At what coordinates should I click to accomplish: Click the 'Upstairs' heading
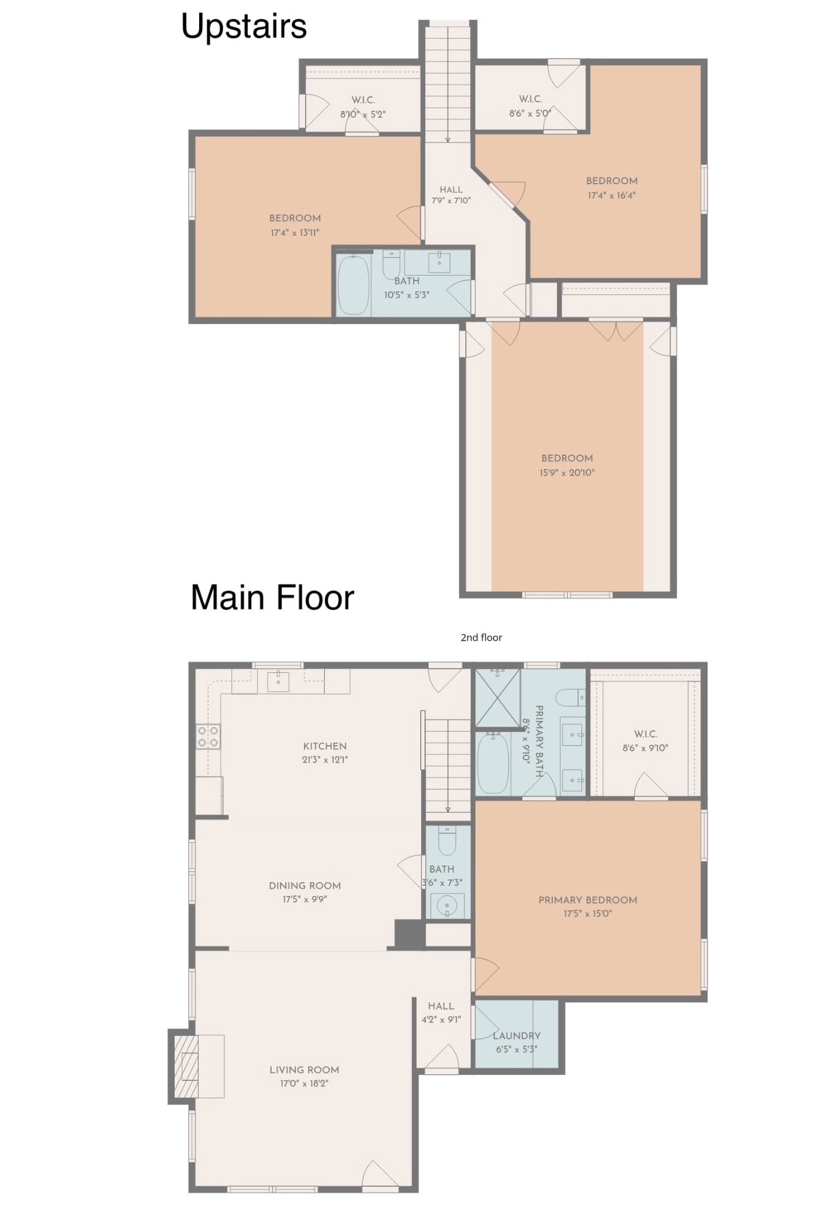[244, 27]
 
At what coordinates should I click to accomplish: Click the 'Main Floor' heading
[273, 598]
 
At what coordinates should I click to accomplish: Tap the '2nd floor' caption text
[482, 638]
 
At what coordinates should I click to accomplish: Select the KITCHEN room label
[325, 746]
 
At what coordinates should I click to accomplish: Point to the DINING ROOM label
[305, 885]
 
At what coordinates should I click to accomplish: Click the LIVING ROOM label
[304, 1069]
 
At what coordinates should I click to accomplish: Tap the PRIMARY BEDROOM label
[588, 900]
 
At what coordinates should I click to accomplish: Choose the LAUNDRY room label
[517, 1035]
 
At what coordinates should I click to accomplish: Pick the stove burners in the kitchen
[208, 737]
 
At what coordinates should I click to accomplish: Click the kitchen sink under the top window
[278, 681]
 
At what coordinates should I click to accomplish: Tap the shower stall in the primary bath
[498, 698]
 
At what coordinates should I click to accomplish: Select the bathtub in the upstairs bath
[354, 286]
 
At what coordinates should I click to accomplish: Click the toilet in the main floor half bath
[447, 840]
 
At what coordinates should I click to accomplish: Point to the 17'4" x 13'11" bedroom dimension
[295, 233]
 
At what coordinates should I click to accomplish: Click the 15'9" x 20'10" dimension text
[567, 473]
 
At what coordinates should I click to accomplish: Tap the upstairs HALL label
[451, 190]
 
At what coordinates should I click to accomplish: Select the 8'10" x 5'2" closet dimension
[363, 114]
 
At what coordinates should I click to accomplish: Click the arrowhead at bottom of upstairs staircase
[447, 140]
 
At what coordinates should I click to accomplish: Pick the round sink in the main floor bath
[447, 907]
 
